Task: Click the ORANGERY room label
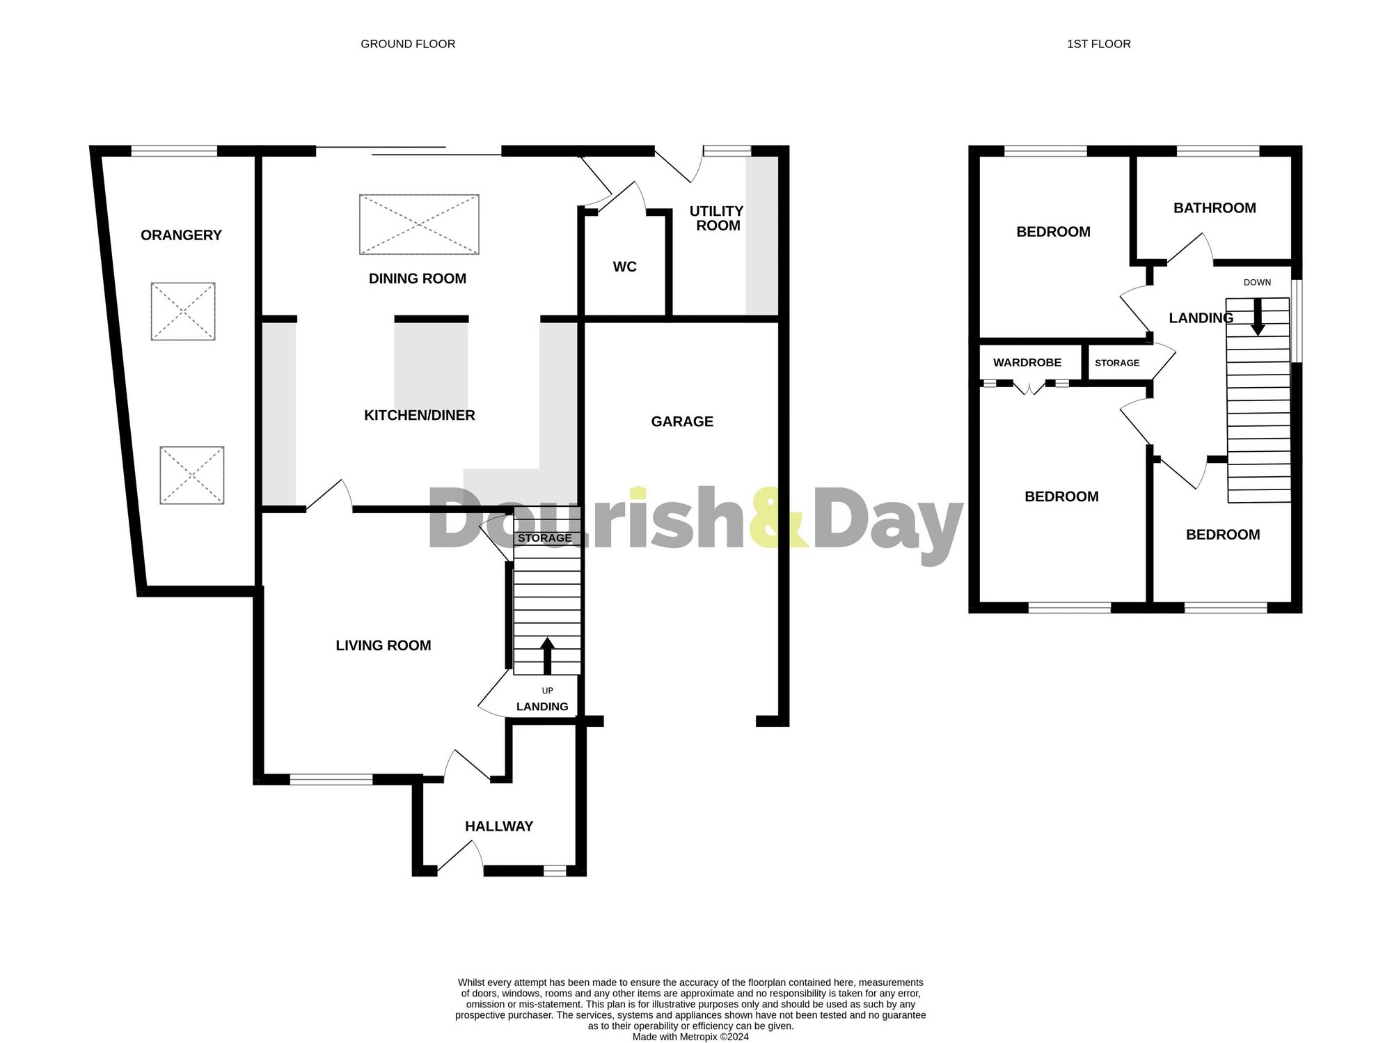pos(181,235)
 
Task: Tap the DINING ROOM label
pos(417,279)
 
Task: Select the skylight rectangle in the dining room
pos(419,224)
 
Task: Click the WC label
pos(624,267)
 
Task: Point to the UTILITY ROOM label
pos(717,218)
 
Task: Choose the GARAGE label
pos(682,421)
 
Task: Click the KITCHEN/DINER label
pos(419,415)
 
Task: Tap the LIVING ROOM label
pos(383,645)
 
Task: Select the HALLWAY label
pos(498,826)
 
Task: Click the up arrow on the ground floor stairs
pos(547,655)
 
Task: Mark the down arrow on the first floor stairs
pos(1258,317)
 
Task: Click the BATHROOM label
pos(1215,207)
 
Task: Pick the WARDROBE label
pos(1027,363)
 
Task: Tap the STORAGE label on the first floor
pos(1117,363)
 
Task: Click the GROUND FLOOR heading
pos(408,44)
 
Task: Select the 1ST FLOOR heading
pos(1098,44)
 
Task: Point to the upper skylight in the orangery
pos(183,311)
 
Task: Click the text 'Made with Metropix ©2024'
pos(690,1037)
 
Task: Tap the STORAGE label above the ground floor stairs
pos(544,538)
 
